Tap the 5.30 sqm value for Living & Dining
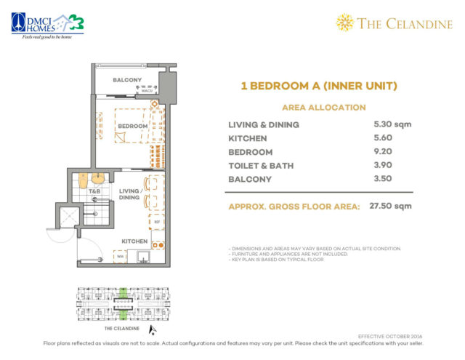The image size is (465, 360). point(391,124)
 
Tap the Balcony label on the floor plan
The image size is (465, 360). point(127,80)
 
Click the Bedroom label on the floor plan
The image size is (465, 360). point(133,126)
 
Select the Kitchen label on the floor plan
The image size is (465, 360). point(135,241)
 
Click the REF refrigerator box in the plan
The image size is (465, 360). point(154,218)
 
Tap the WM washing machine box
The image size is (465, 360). point(119,255)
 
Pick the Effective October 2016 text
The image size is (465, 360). point(391,336)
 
